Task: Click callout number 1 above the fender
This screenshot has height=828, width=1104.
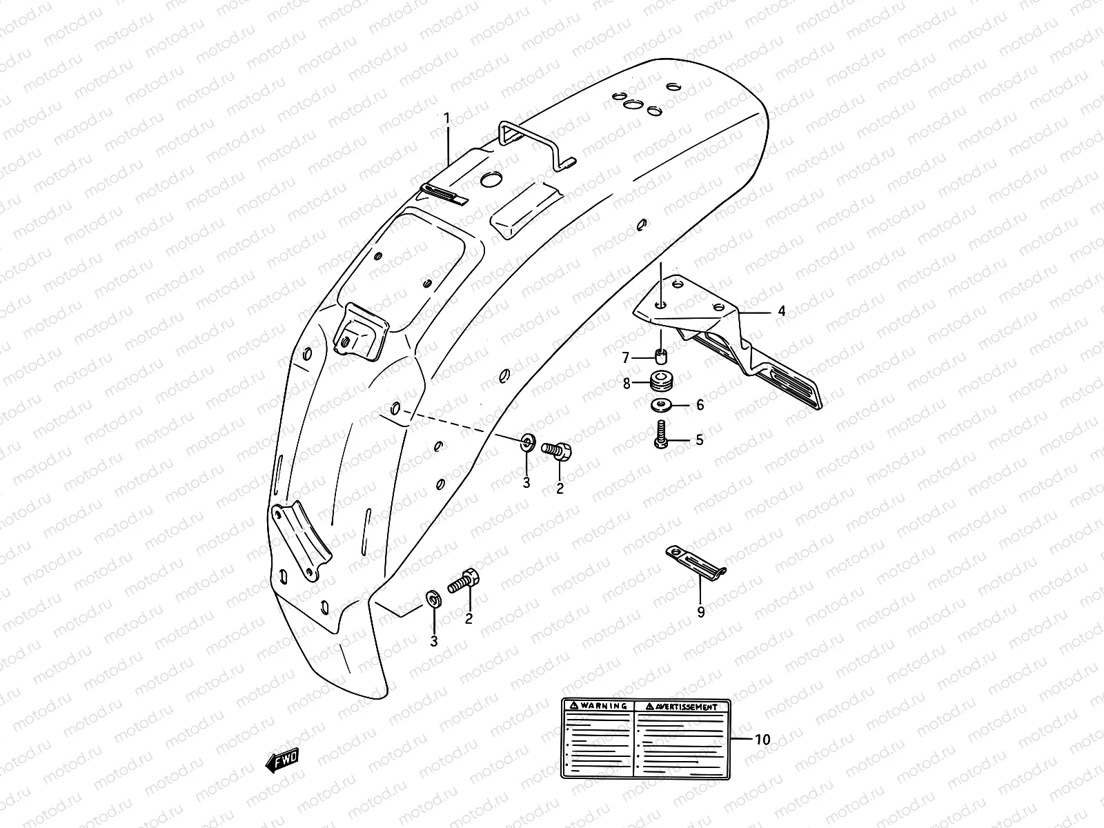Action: pyautogui.click(x=446, y=119)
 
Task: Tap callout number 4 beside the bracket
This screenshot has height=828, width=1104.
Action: pyautogui.click(x=781, y=311)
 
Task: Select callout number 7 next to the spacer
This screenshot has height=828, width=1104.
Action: pyautogui.click(x=627, y=358)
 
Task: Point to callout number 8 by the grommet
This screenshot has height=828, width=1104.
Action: pyautogui.click(x=627, y=383)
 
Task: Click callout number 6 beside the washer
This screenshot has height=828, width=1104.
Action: pyautogui.click(x=700, y=405)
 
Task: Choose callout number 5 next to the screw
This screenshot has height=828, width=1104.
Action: pyautogui.click(x=700, y=440)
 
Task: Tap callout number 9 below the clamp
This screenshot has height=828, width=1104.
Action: pyautogui.click(x=701, y=611)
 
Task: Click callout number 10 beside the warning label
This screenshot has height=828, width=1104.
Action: pyautogui.click(x=762, y=740)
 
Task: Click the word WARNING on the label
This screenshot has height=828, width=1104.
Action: pyautogui.click(x=603, y=706)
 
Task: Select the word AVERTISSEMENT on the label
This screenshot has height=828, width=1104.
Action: pyautogui.click(x=686, y=706)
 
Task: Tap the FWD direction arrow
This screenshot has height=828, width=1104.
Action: pyautogui.click(x=282, y=760)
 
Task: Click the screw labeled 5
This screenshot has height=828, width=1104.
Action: pyautogui.click(x=660, y=435)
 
